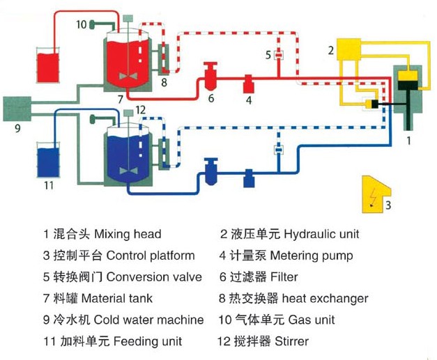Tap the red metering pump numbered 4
coord(247,85)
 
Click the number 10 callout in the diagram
coord(81,24)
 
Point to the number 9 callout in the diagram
coord(18,128)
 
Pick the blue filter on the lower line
coord(210,168)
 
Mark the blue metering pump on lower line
coord(248,179)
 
